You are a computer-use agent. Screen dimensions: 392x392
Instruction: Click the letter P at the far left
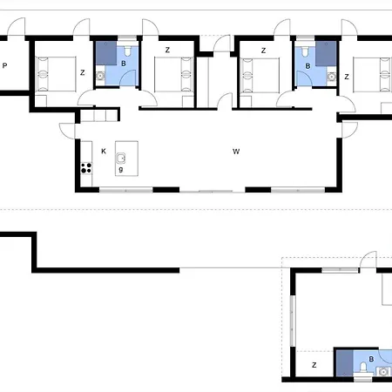[x=5, y=65]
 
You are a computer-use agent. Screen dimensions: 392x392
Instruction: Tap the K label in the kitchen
[x=103, y=151]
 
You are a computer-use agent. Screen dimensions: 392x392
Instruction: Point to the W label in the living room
[x=235, y=151]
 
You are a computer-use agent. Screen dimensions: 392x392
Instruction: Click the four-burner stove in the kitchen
[x=86, y=166]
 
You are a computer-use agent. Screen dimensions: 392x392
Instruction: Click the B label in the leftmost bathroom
[x=124, y=63]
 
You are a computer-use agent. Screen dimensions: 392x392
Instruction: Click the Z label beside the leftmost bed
[x=82, y=72]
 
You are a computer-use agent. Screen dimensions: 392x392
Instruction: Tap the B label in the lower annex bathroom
[x=372, y=358]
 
